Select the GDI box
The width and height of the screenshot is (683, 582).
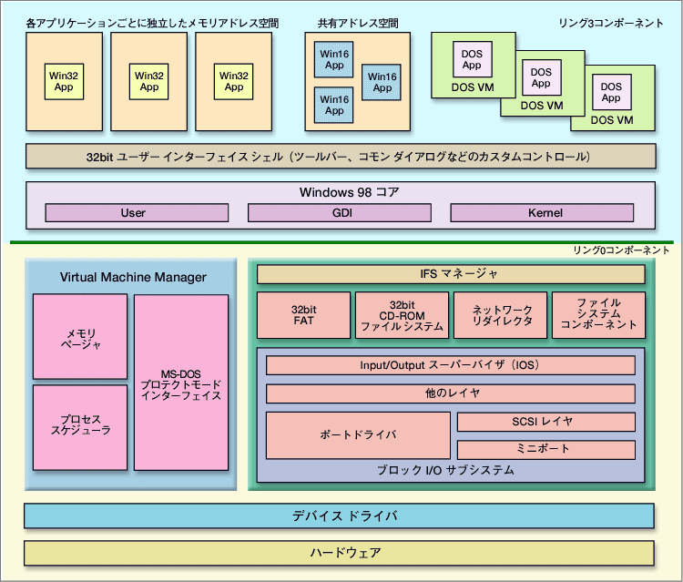[339, 213]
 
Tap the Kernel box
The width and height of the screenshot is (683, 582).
[544, 213]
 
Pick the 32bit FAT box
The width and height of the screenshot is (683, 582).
[301, 314]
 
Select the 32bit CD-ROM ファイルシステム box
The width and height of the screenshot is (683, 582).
[401, 314]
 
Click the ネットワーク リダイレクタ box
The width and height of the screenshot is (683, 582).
[500, 314]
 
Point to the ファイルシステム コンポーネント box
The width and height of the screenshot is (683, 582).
[598, 314]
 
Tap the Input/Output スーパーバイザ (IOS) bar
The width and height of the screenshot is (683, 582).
[450, 365]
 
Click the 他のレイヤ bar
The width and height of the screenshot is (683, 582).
[450, 393]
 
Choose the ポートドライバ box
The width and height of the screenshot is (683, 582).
[358, 435]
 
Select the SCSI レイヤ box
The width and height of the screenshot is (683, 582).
[545, 423]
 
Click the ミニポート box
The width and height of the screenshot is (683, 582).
[545, 449]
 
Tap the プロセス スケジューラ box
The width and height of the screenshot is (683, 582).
[79, 424]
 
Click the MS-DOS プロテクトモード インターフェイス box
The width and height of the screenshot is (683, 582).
[180, 383]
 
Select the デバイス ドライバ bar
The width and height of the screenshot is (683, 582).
[339, 516]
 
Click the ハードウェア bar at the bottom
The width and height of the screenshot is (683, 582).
[339, 553]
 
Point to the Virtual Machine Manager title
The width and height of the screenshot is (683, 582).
[133, 277]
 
